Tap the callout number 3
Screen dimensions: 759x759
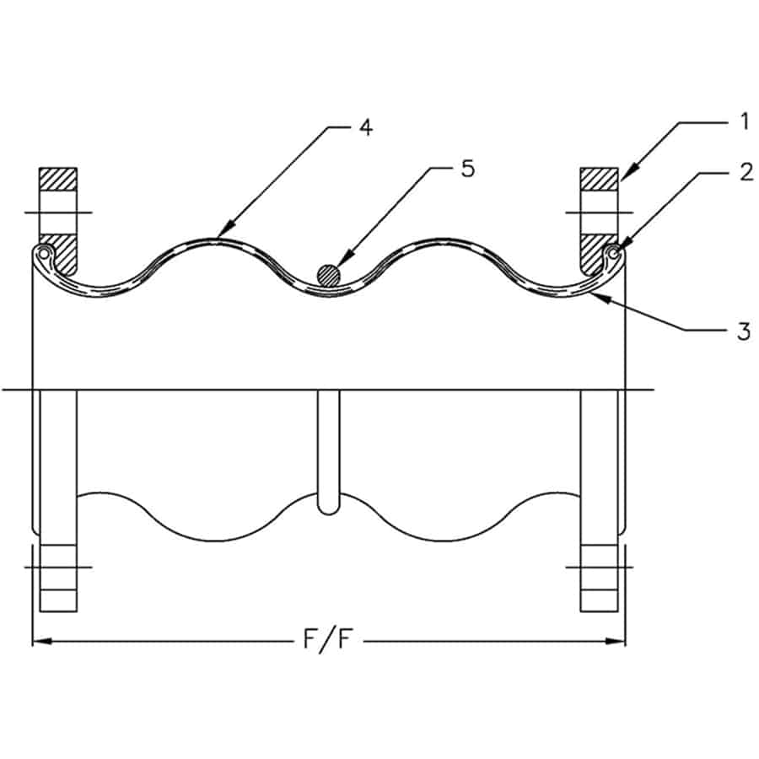(742, 331)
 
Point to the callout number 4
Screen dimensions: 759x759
(364, 128)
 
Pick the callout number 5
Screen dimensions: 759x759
(467, 169)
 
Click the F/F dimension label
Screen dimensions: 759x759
(328, 641)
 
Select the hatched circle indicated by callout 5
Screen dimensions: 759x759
(328, 274)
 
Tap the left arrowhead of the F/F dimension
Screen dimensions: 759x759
(35, 642)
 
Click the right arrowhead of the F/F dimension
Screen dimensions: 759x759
(622, 642)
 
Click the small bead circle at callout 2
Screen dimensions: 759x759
(616, 250)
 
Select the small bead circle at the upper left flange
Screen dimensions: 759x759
(44, 251)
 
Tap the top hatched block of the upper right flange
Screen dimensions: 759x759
(599, 179)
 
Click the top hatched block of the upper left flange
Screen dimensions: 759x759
(57, 179)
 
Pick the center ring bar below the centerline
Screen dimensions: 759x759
(328, 452)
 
